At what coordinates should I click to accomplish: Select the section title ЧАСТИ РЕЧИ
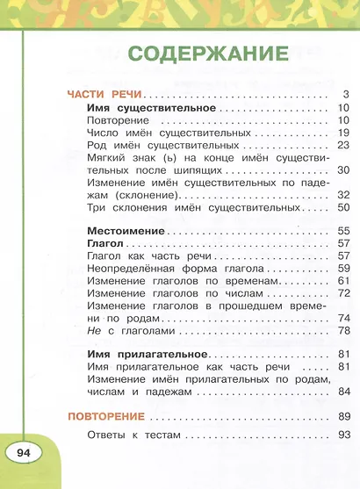coord(105,93)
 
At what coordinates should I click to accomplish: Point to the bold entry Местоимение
coord(126,229)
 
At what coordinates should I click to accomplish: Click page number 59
coord(343,267)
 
